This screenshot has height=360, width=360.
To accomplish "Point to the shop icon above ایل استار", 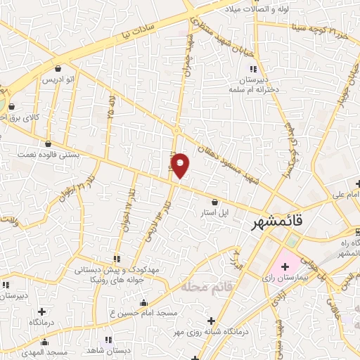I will pos(214,202).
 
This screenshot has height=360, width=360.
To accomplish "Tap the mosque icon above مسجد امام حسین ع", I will pos(143,303).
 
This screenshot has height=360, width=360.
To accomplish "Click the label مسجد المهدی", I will pos(48,351).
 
